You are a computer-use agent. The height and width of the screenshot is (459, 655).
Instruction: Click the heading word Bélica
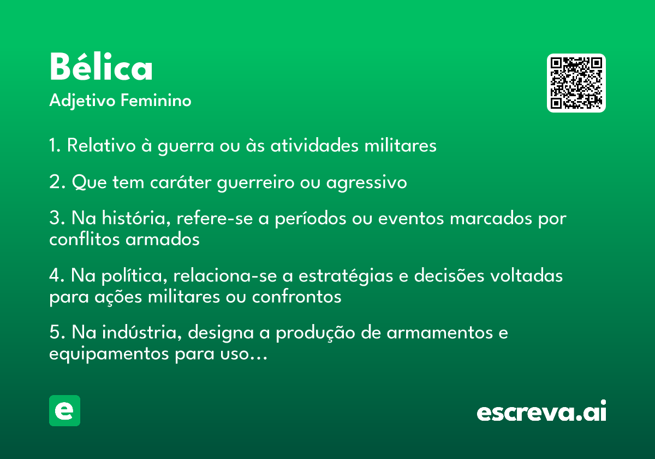pyautogui.click(x=101, y=66)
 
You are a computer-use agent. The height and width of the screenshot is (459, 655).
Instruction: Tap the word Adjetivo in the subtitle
pyautogui.click(x=82, y=101)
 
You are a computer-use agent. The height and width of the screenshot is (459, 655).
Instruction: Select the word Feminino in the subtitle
pyautogui.click(x=156, y=100)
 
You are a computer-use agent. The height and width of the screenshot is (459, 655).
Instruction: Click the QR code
pyautogui.click(x=576, y=83)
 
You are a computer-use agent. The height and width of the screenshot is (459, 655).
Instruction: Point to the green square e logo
pyautogui.click(x=64, y=410)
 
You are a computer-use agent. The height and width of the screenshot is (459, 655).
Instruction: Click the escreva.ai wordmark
pyautogui.click(x=541, y=411)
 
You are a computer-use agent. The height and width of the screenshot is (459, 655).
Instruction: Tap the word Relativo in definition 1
pyautogui.click(x=101, y=145)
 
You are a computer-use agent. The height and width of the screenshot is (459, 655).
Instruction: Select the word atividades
pyautogui.click(x=314, y=145)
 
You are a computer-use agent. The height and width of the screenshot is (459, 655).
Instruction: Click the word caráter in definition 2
pyautogui.click(x=181, y=182)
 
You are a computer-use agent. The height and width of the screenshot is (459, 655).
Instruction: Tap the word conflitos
pyautogui.click(x=85, y=239)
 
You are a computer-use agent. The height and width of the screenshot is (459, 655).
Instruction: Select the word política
pyautogui.click(x=134, y=276)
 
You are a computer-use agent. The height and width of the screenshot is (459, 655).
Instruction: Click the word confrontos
pyautogui.click(x=296, y=297)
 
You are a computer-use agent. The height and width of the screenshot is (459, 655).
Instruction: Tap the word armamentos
pyautogui.click(x=440, y=333)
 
